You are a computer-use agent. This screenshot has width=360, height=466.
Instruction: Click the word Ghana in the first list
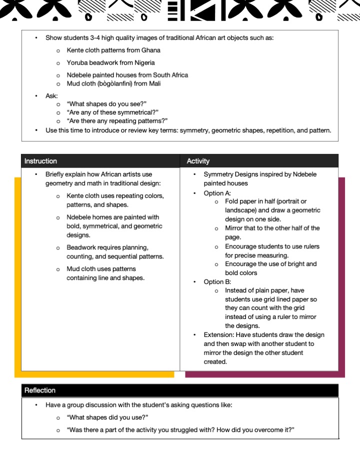coord(151,50)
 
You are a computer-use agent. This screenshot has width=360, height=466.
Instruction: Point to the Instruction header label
coord(40,161)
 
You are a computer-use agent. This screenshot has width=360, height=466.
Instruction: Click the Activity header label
coord(198,161)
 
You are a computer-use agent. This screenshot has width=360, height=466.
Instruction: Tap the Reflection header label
coord(40,390)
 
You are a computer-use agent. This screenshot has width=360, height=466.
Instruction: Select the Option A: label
coord(217,193)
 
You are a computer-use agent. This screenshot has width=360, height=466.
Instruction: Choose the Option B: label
coord(217,281)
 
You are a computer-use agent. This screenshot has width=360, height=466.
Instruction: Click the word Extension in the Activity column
coord(218,335)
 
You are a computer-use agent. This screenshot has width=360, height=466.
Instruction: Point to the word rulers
coord(309,246)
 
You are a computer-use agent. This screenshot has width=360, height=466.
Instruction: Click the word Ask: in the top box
coord(51,95)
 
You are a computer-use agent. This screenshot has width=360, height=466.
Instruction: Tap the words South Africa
coord(171,75)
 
